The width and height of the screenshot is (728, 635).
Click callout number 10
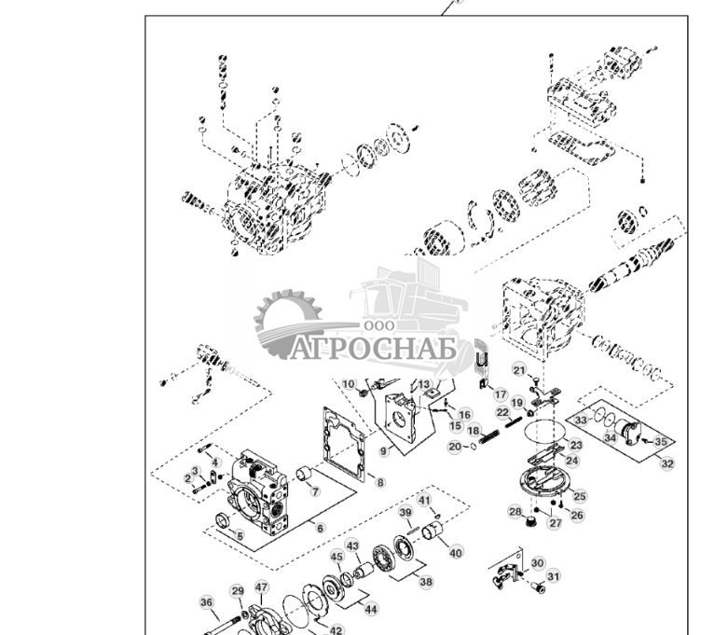pyautogui.click(x=349, y=384)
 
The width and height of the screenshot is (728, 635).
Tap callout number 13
pyautogui.click(x=424, y=384)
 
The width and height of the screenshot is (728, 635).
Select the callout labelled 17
pyautogui.click(x=501, y=394)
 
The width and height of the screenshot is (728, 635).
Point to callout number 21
pyautogui.click(x=520, y=370)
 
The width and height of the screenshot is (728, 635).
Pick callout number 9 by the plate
pyautogui.click(x=383, y=451)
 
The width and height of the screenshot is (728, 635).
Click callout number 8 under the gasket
pyautogui.click(x=380, y=482)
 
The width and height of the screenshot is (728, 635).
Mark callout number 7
pyautogui.click(x=315, y=491)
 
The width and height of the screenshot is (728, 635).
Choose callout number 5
pyautogui.click(x=240, y=536)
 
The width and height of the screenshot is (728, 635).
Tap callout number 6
pyautogui.click(x=320, y=529)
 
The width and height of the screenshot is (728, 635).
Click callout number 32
pyautogui.click(x=666, y=462)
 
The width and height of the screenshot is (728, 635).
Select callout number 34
pyautogui.click(x=609, y=437)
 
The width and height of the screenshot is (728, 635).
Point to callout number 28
pyautogui.click(x=515, y=511)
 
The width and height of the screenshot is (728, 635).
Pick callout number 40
pyautogui.click(x=456, y=553)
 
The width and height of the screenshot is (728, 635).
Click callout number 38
pyautogui.click(x=426, y=581)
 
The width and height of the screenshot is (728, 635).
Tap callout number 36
pyautogui.click(x=207, y=602)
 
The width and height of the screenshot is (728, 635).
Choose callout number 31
pyautogui.click(x=554, y=576)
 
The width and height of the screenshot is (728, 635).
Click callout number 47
pyautogui.click(x=262, y=587)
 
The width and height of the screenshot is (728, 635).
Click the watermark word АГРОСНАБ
pyautogui.click(x=373, y=349)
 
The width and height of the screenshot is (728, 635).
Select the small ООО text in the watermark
pyautogui.click(x=378, y=325)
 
